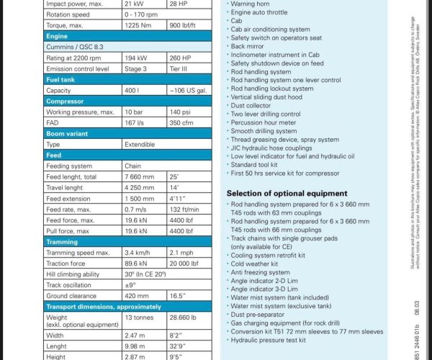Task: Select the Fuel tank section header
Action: coord(62,79)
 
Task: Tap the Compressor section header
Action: coord(66,102)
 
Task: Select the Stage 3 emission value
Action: coord(137,68)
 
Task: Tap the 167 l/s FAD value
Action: coord(135,123)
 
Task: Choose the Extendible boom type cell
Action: coord(141,144)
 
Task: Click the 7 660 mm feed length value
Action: coord(140,176)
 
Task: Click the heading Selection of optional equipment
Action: coord(287,193)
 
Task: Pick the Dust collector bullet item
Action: coord(251,106)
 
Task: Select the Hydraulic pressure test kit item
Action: coord(269,340)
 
